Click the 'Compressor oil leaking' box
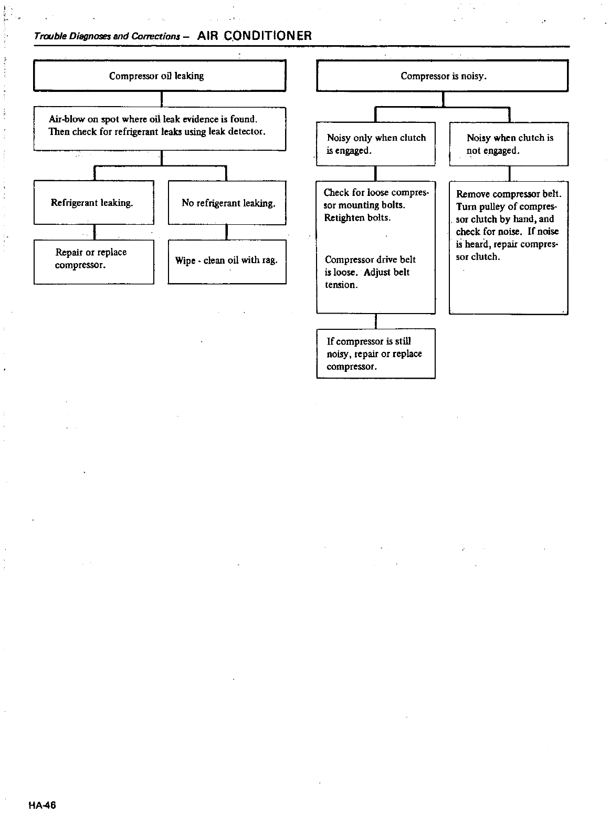tap(160, 76)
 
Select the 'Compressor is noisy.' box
tap(443, 76)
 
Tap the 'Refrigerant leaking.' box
tap(93, 203)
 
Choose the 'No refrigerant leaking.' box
tap(227, 203)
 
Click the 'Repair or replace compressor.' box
tap(93, 262)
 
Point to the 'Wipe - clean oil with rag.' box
tap(227, 262)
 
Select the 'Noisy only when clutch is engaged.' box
tap(376, 144)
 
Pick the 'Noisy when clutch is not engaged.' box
tap(509, 144)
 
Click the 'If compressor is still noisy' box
tap(376, 353)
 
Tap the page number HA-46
tap(43, 805)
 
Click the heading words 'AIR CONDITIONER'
tap(255, 36)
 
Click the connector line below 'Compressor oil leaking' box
tap(162, 99)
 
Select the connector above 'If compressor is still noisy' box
tap(375, 321)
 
